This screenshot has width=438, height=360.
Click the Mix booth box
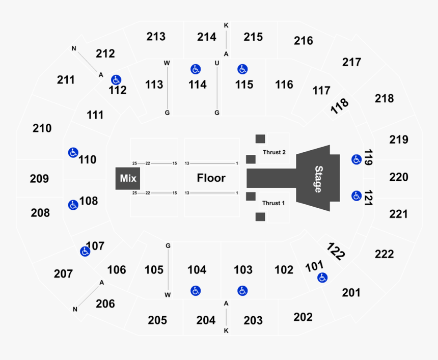pyautogui.click(x=128, y=178)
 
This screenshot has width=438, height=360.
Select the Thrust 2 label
pyautogui.click(x=274, y=152)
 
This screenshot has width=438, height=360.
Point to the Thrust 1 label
pyautogui.click(x=274, y=203)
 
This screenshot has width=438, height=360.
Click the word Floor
pyautogui.click(x=211, y=178)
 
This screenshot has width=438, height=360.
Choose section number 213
pyautogui.click(x=156, y=37)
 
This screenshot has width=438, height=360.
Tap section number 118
pyautogui.click(x=340, y=106)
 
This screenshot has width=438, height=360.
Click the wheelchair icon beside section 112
pyautogui.click(x=116, y=79)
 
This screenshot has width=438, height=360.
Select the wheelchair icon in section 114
pyautogui.click(x=195, y=69)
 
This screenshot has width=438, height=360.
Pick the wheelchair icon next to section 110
pyautogui.click(x=73, y=152)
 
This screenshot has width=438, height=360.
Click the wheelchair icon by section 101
pyautogui.click(x=322, y=278)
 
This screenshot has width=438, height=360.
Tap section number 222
pyautogui.click(x=384, y=254)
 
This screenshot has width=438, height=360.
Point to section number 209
pyautogui.click(x=39, y=179)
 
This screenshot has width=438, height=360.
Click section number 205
pyautogui.click(x=157, y=320)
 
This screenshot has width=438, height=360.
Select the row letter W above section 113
pyautogui.click(x=167, y=63)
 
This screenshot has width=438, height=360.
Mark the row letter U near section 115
pyautogui.click(x=217, y=63)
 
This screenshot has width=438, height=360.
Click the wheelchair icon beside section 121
pyautogui.click(x=356, y=195)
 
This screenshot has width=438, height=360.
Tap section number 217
pyautogui.click(x=351, y=62)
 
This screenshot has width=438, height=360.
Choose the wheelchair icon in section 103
pyautogui.click(x=242, y=291)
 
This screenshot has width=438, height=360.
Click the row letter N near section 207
pyautogui.click(x=75, y=309)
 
